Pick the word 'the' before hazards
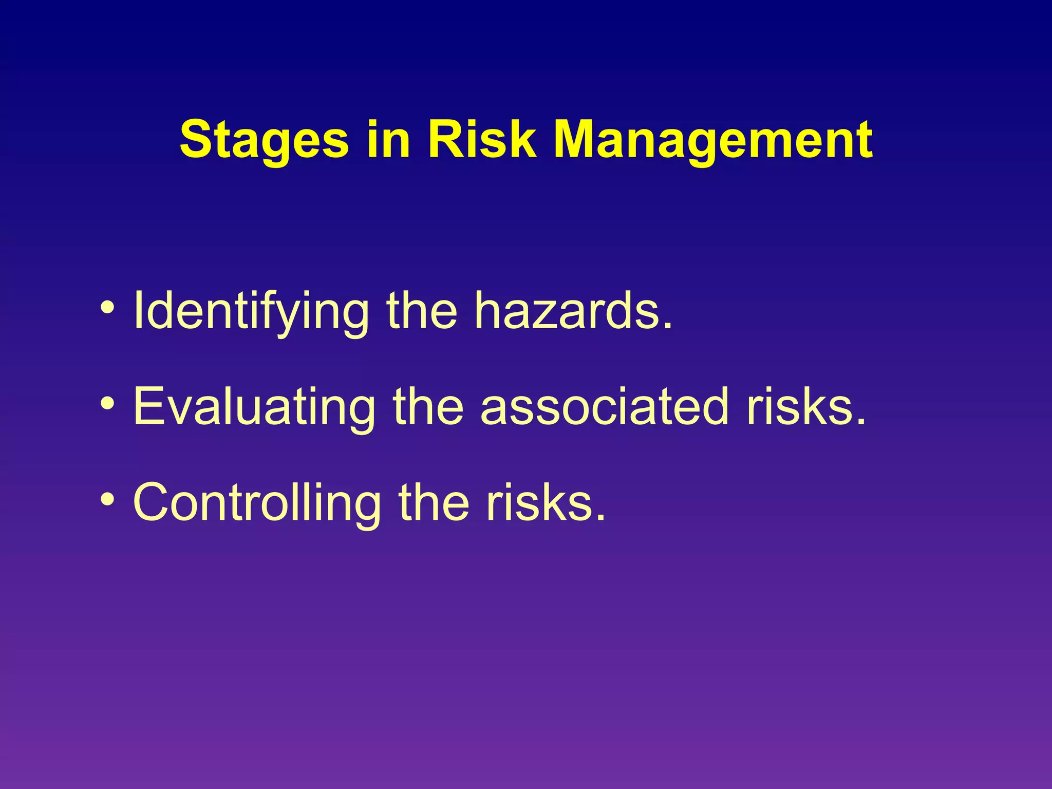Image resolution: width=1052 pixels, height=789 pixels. click(x=421, y=310)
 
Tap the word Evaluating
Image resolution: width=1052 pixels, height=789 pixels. click(x=254, y=407)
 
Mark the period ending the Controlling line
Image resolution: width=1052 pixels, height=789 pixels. click(x=600, y=517)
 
